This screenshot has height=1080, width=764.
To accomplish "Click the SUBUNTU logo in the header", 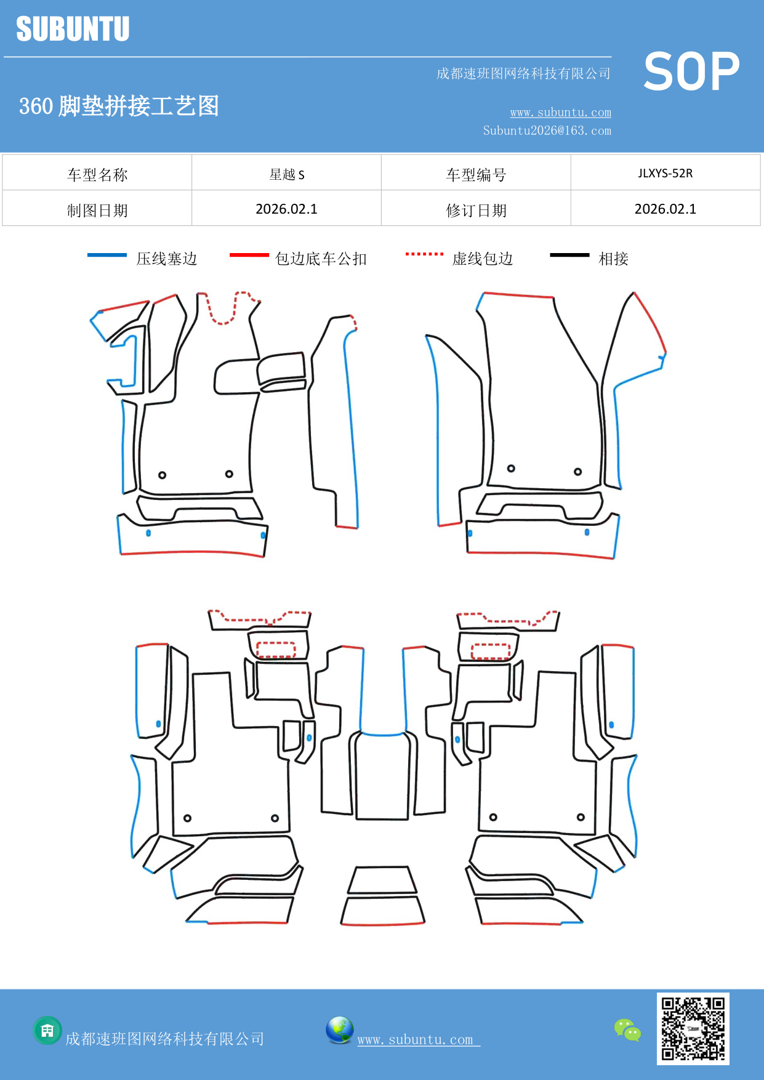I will click(73, 29).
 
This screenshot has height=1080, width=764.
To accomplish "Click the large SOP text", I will click(691, 72).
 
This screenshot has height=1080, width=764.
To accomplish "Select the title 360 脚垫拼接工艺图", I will click(119, 106).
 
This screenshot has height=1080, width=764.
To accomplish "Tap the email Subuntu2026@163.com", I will click(547, 131).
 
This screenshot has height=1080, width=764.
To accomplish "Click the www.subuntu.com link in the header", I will click(560, 112).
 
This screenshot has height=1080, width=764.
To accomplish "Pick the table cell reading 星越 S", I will click(287, 174).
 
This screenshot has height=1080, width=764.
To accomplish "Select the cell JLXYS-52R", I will click(665, 173).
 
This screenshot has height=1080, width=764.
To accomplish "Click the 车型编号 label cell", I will click(476, 175).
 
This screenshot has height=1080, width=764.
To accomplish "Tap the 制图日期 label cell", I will click(97, 211).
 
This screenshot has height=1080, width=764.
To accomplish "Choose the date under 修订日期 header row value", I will click(665, 209).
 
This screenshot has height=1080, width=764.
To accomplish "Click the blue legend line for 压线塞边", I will click(107, 255).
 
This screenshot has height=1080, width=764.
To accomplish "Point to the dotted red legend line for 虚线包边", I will click(424, 254).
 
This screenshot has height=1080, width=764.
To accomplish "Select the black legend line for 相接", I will click(569, 255).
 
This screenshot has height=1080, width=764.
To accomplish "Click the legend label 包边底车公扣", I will click(321, 259).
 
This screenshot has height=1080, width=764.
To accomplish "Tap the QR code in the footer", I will click(693, 1029).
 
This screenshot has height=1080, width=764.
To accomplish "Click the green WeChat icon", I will click(627, 1030).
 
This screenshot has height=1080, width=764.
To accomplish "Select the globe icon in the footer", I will click(339, 1030).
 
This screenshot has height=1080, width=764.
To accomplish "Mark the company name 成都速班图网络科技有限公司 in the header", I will click(523, 74).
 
